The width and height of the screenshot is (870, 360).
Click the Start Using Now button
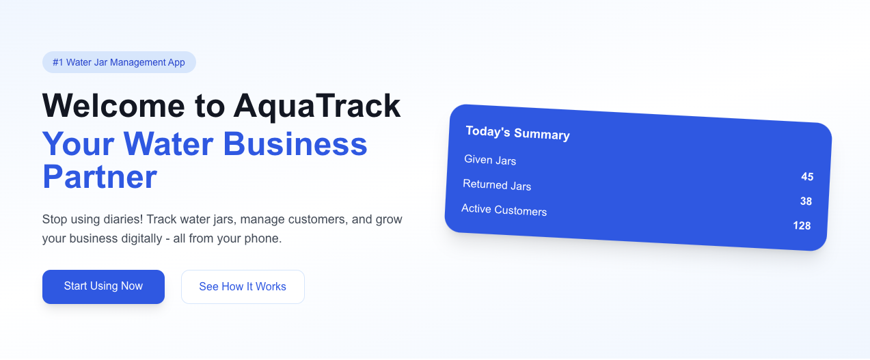(103, 286)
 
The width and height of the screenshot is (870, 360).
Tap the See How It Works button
(243, 287)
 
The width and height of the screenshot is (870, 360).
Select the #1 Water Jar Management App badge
(119, 62)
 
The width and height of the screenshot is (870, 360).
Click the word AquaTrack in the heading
(316, 106)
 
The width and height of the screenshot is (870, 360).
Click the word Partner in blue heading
(100, 177)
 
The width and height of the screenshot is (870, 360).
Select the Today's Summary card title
(517, 133)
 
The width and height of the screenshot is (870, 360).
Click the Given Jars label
(490, 161)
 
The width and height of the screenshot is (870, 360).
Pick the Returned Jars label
(497, 185)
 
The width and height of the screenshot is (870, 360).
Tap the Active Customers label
(504, 210)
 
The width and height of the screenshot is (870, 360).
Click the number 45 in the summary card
(807, 177)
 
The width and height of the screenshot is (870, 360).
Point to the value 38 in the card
(806, 202)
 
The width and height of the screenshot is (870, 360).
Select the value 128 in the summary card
(802, 225)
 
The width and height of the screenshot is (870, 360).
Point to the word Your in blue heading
(77, 144)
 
